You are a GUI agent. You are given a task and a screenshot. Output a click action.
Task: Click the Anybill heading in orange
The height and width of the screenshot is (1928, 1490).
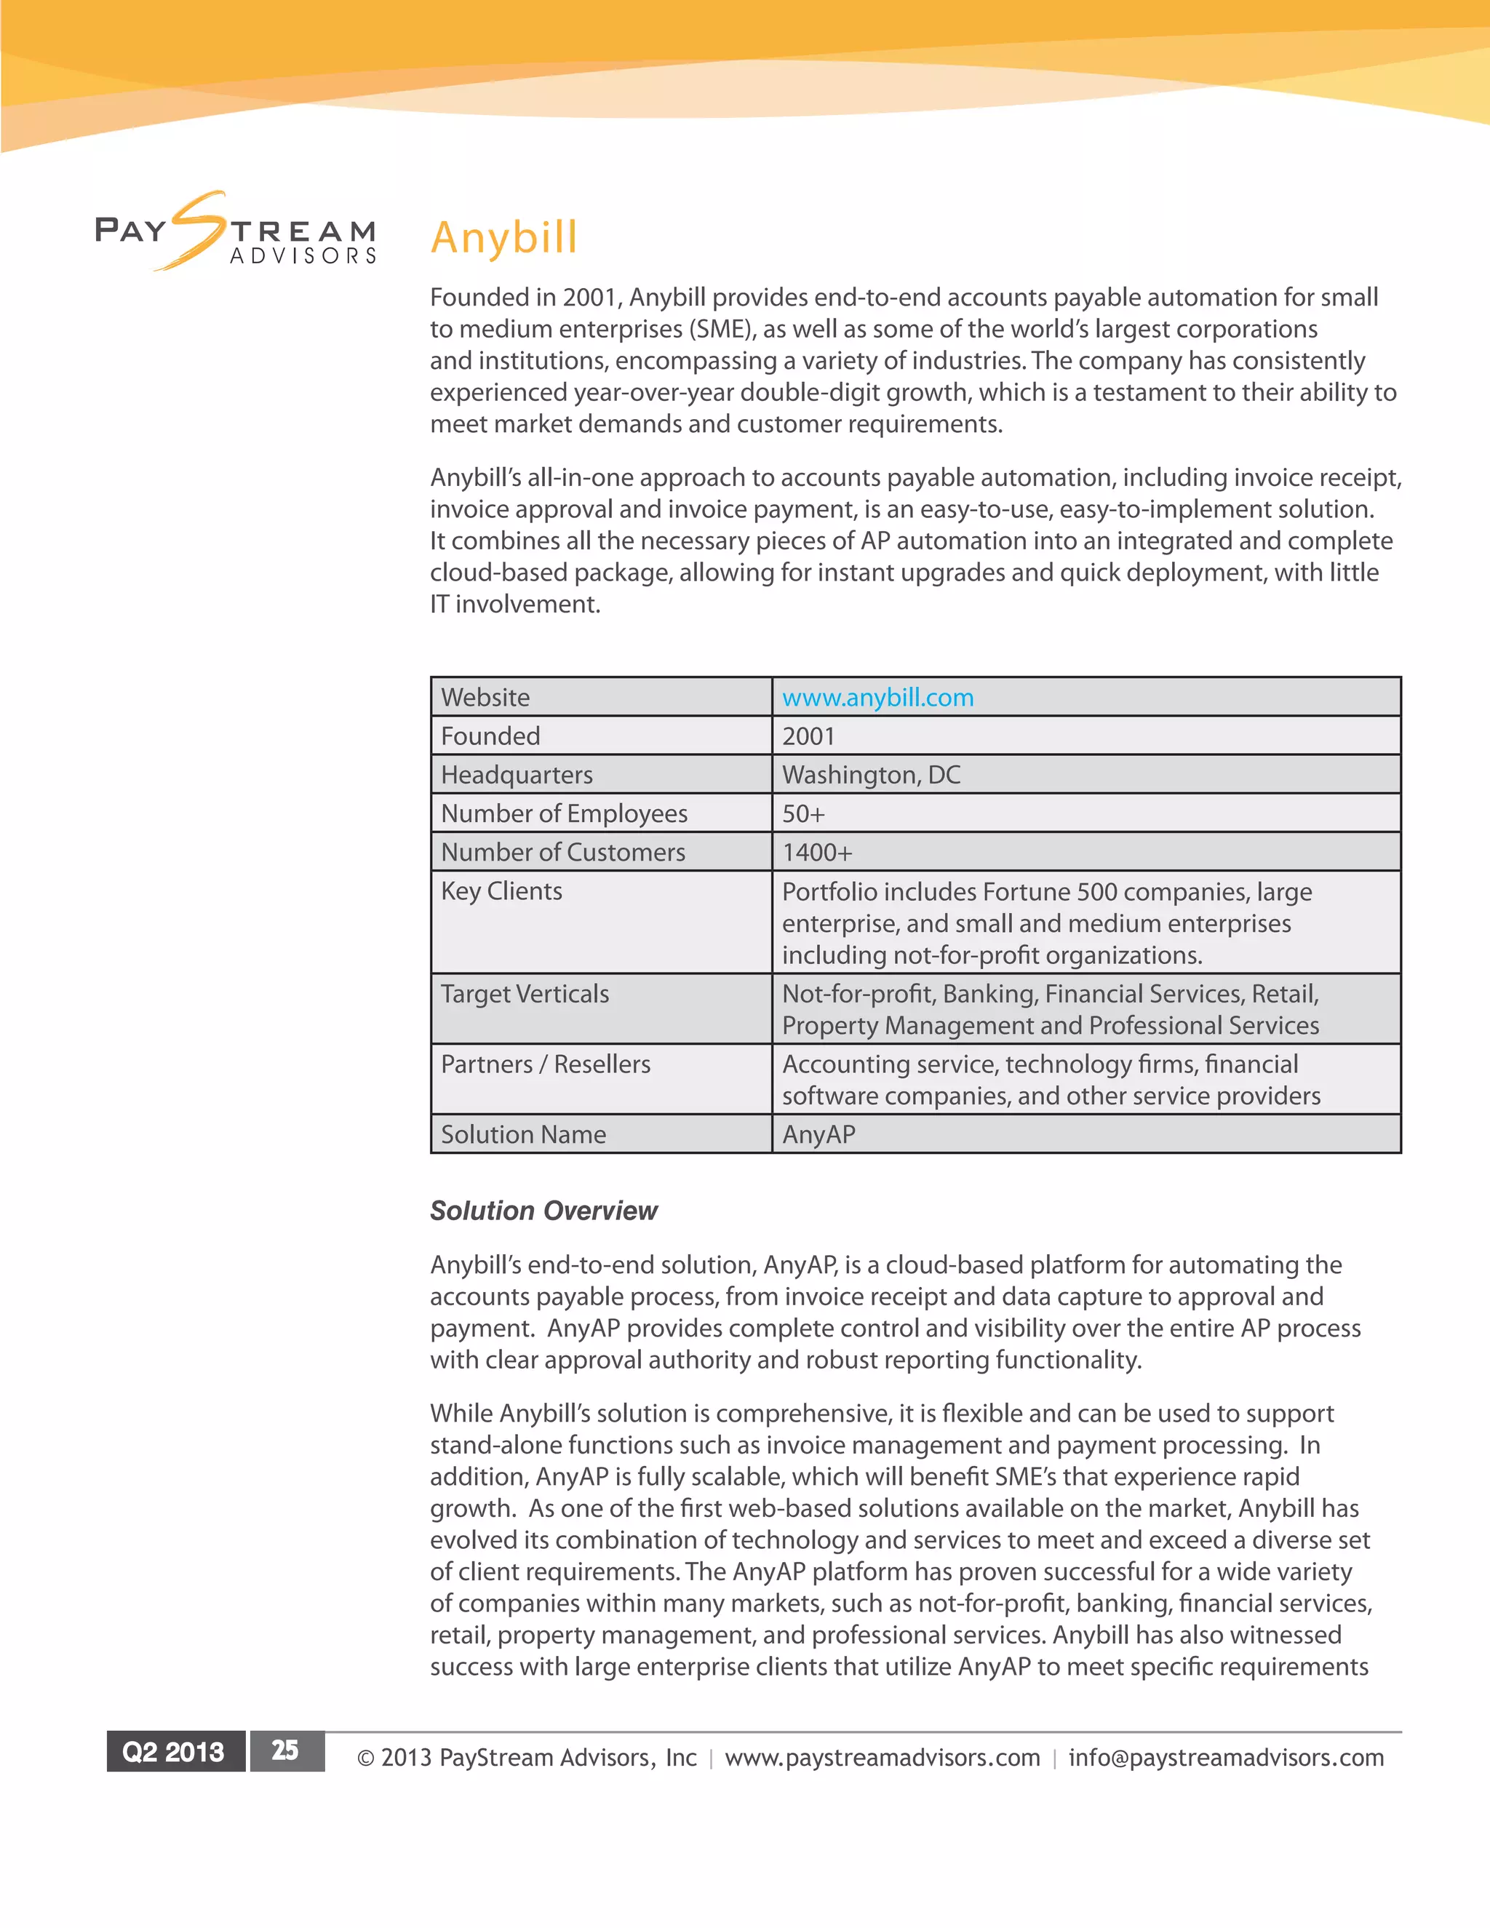503,237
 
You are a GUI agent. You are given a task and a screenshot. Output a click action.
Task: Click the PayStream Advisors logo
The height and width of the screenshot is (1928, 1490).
236,232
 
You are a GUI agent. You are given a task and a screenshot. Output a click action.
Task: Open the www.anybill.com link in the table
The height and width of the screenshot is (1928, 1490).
877,698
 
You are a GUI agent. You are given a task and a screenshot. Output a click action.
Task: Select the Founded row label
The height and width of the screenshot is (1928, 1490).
491,736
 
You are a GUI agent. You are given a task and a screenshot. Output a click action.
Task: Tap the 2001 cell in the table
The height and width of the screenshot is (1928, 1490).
808,736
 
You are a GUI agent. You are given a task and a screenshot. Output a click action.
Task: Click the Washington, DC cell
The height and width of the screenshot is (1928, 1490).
871,775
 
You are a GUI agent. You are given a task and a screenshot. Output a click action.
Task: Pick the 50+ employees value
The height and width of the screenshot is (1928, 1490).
803,814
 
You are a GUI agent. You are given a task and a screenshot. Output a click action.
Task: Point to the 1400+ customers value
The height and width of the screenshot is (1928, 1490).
817,853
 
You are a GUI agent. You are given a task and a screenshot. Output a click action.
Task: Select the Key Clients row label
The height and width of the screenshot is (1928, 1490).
501,892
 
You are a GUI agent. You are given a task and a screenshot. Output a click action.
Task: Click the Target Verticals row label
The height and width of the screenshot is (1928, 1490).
525,994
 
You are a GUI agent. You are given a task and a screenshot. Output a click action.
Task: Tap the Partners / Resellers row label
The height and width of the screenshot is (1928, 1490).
546,1064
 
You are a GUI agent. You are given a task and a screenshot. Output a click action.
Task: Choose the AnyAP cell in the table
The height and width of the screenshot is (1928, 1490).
818,1134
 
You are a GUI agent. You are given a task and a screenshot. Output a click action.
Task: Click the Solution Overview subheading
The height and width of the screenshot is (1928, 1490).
543,1211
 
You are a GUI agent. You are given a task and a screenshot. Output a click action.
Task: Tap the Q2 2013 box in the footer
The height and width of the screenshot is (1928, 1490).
174,1751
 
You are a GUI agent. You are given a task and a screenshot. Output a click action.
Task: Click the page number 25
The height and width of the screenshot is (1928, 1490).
285,1750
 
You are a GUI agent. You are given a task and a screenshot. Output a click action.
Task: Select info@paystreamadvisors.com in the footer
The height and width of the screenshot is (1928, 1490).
1226,1758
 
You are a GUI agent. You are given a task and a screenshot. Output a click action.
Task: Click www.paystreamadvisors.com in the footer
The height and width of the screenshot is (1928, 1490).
882,1758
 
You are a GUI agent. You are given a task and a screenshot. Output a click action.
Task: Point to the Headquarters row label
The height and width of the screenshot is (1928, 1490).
517,775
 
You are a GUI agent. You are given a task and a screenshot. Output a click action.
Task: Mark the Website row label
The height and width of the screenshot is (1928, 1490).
485,698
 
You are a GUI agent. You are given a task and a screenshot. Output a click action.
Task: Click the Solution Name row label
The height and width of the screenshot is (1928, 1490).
523,1134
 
